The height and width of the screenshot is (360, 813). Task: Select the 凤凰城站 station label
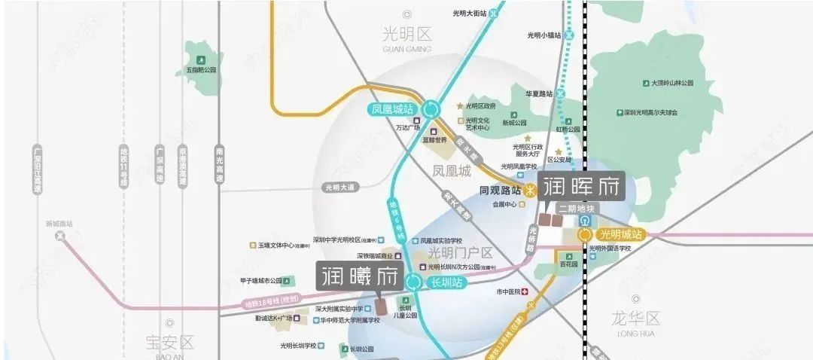(393, 109)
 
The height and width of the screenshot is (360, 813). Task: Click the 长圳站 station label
(445, 283)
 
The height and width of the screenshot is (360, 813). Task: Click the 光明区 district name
(406, 35)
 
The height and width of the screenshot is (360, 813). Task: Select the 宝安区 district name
(169, 343)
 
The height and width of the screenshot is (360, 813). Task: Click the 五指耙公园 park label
(201, 70)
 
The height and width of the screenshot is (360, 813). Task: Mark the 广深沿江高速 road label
(37, 170)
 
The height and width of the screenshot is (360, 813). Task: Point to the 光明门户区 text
(460, 253)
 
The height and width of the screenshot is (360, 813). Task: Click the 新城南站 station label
(59, 224)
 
